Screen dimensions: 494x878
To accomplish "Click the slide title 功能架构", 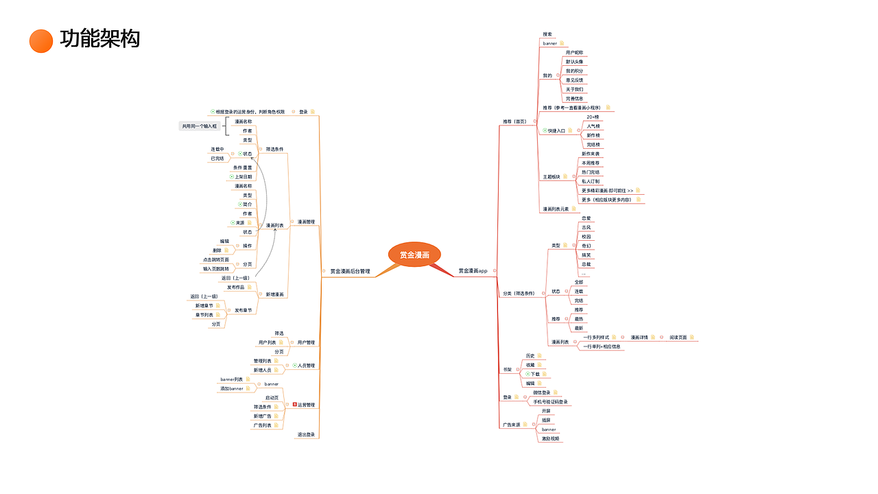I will coord(100,39).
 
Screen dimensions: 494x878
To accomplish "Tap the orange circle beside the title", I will coord(41,40).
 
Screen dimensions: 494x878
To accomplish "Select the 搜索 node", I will coord(547,34).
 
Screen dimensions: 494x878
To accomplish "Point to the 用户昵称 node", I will coord(575,53).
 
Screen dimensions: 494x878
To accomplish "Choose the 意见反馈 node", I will coord(575,80).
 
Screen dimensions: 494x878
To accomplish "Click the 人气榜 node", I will coord(593,126).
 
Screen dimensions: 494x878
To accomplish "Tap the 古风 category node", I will coord(586,227).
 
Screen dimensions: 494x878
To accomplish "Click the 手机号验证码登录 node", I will coord(551,402).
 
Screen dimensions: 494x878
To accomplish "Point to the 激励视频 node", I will coord(551,438).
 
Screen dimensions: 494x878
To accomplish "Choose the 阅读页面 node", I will coord(678,338).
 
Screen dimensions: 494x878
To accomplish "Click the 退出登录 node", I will coord(306,434).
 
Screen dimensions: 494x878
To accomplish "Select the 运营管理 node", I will coord(306,405).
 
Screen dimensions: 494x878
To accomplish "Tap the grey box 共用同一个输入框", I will coord(200,126).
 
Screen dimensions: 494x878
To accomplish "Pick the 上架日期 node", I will coord(244,177).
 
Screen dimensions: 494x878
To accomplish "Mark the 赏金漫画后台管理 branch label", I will coord(350,272).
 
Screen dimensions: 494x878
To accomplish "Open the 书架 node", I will coord(508,370).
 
